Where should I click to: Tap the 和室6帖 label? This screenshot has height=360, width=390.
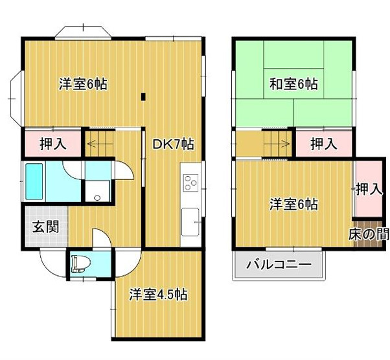coord(293,84)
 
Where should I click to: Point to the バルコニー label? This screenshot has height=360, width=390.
coord(279,265)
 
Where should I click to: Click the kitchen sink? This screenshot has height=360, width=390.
coord(190,223)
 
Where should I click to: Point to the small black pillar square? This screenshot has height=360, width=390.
coord(143,98)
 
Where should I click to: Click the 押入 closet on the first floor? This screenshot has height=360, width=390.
coord(53,143)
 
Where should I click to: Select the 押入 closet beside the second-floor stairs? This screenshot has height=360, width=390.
coord(323,143)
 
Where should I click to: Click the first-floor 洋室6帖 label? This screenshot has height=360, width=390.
coord(83,84)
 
